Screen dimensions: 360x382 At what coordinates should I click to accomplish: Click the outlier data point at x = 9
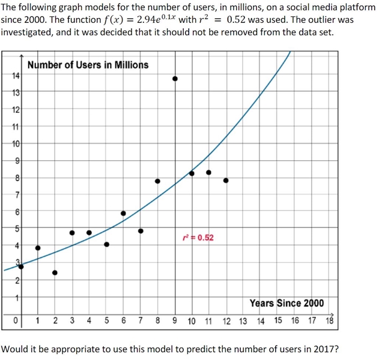tap(175, 79)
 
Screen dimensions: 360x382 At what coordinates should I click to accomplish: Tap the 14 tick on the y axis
tap(16, 76)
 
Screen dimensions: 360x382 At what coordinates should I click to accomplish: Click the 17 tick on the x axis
tap(312, 320)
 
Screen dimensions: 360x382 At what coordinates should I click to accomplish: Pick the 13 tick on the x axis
tap(243, 320)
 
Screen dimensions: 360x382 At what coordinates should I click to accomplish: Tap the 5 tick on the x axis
tap(106, 320)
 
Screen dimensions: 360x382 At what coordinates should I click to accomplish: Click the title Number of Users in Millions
tap(88, 65)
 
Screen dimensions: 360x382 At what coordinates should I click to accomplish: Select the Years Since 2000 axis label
tap(286, 303)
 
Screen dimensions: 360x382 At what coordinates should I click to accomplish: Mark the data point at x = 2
tap(55, 272)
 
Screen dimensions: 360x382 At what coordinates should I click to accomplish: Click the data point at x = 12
tap(226, 180)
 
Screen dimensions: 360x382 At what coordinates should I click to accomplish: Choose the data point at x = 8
tap(157, 181)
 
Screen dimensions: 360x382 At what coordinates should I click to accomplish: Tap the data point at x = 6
tap(123, 213)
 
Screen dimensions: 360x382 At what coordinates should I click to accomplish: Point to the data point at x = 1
tap(38, 248)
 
